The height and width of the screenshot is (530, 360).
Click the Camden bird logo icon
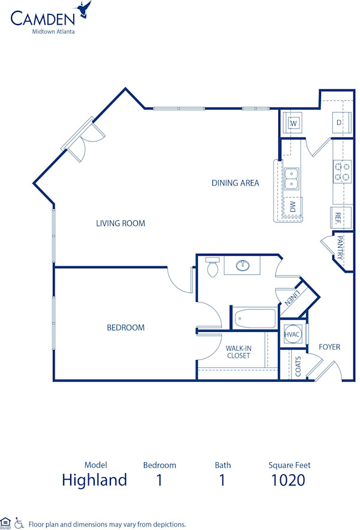point(84,10)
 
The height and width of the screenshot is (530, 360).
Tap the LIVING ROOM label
point(121,223)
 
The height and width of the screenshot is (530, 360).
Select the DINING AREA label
point(235,183)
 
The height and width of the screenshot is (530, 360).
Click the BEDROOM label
point(125,328)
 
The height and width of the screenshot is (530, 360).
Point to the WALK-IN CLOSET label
point(238,352)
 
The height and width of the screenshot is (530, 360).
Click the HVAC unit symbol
point(292,335)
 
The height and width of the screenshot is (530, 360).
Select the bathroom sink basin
point(244,265)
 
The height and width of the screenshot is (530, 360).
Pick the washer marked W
point(294,123)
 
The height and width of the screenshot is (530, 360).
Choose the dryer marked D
point(340,123)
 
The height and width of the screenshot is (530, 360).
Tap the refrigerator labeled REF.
point(338,217)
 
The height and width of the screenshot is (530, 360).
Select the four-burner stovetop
point(342,172)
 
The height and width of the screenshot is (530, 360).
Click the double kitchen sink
point(292,178)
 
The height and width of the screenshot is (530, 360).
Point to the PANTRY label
point(340,248)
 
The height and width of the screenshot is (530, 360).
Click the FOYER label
point(329,347)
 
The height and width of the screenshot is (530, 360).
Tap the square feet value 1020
point(288,480)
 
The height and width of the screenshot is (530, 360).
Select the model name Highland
point(95,480)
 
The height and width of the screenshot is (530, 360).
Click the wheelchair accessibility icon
point(19,523)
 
